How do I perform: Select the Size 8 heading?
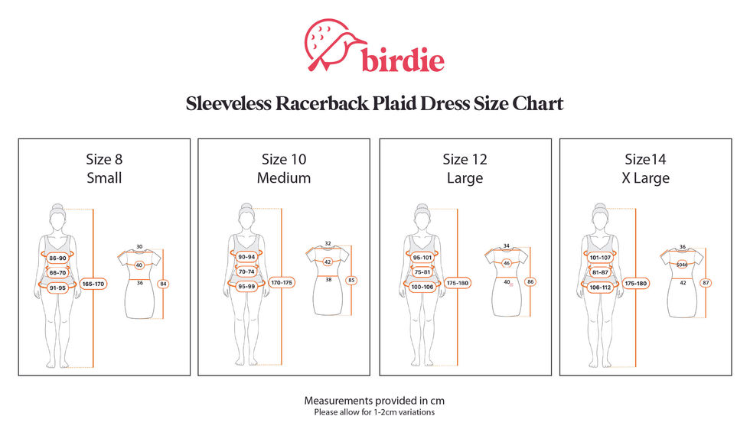(x=104, y=160)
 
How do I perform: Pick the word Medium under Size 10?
(x=284, y=178)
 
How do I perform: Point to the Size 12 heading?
(x=465, y=160)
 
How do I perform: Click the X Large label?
(x=646, y=178)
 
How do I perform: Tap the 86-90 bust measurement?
(x=57, y=258)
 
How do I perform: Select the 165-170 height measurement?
(x=93, y=284)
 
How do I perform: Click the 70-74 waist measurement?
(x=246, y=271)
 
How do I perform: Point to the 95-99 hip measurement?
(x=246, y=287)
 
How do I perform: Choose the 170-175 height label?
(x=282, y=283)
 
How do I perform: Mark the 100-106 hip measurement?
(x=422, y=287)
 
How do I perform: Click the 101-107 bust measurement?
(x=600, y=258)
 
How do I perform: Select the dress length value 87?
(x=706, y=283)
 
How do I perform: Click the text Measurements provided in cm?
(x=374, y=401)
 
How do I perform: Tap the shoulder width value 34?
(x=506, y=245)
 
